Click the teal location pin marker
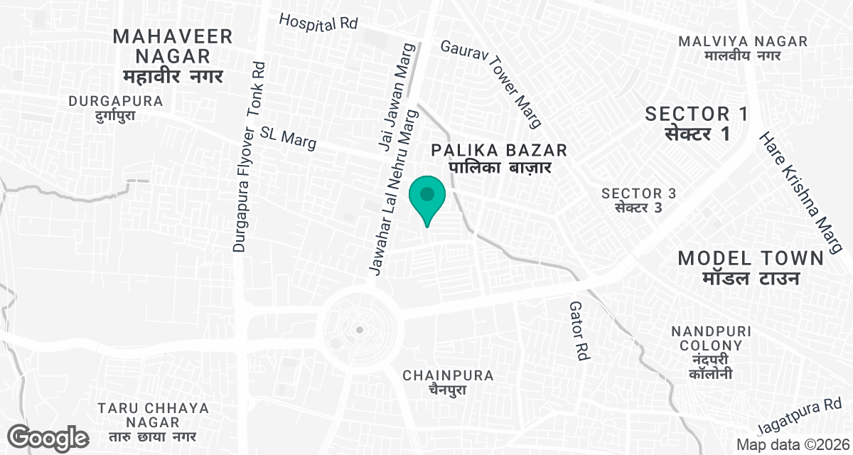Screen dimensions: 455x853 427,196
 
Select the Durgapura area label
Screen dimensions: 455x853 116,108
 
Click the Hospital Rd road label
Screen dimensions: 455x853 318,22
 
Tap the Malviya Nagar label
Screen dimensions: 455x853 743,48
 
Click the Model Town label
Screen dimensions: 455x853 751,267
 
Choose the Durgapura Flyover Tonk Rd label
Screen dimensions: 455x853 248,156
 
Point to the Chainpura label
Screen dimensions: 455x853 448,382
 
